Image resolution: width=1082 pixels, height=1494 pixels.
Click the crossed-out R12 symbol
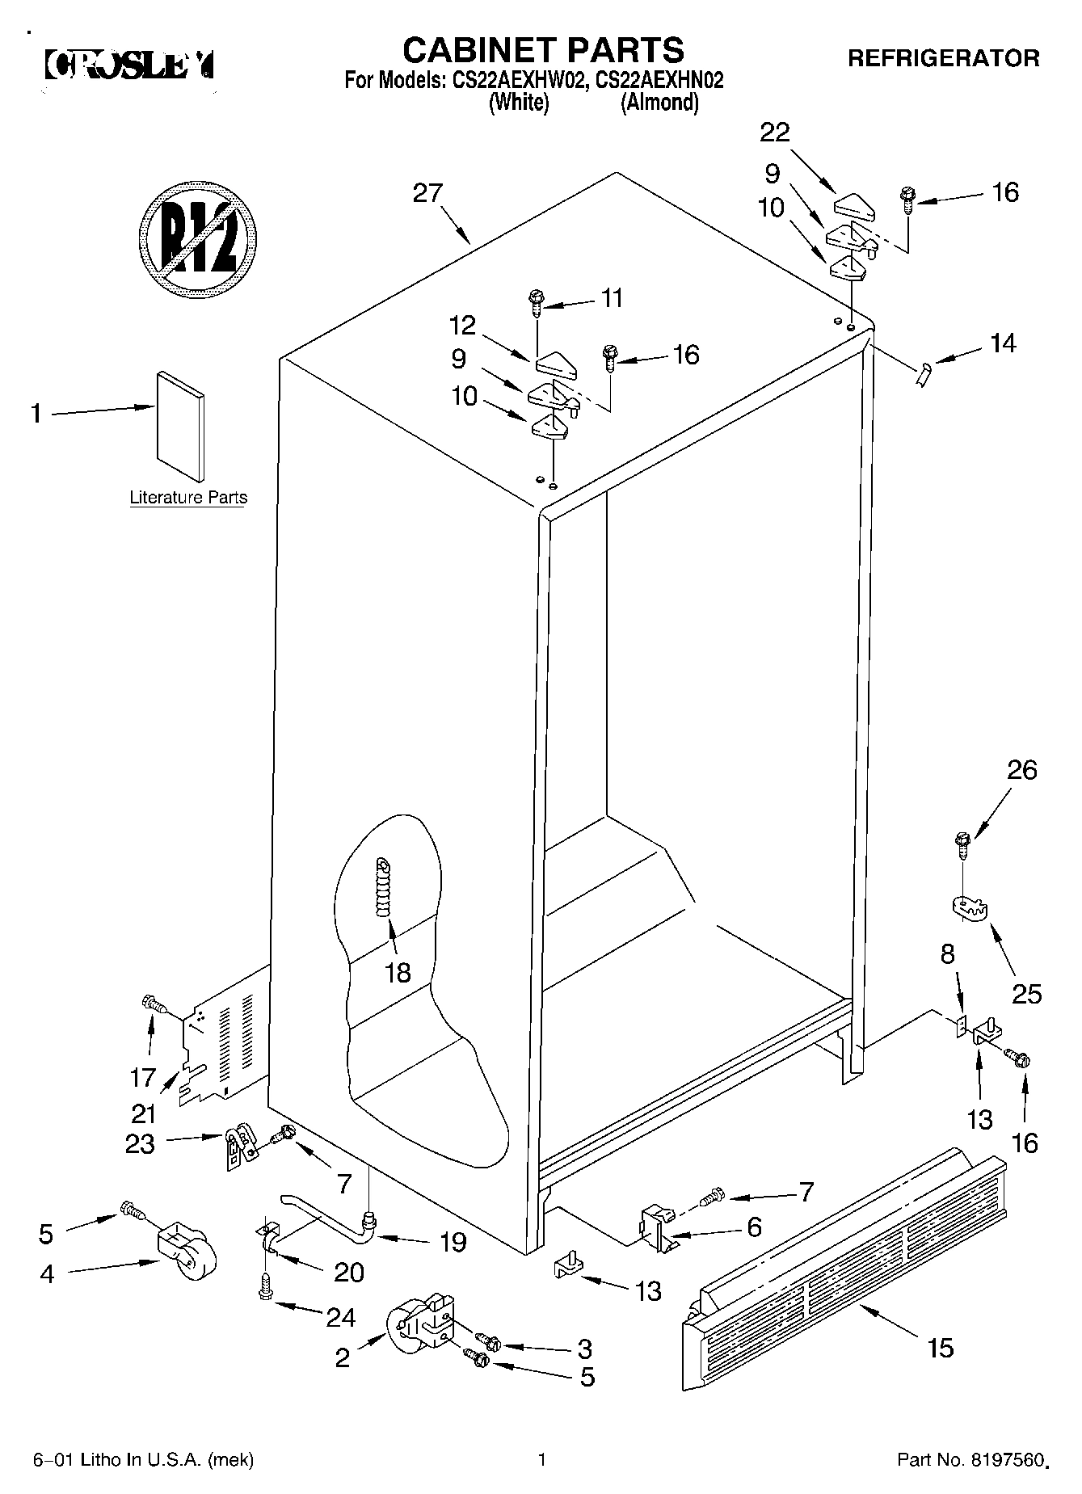198,239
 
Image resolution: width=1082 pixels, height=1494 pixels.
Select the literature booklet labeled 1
180,427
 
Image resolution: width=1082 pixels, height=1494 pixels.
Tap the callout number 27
428,193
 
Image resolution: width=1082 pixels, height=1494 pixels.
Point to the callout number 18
398,973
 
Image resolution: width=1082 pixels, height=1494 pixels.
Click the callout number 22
774,132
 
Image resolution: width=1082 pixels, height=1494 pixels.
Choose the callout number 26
1021,770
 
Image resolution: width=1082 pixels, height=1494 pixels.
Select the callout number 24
340,1318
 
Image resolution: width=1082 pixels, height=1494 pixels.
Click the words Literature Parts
188,497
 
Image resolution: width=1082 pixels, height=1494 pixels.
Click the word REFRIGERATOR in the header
942,58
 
